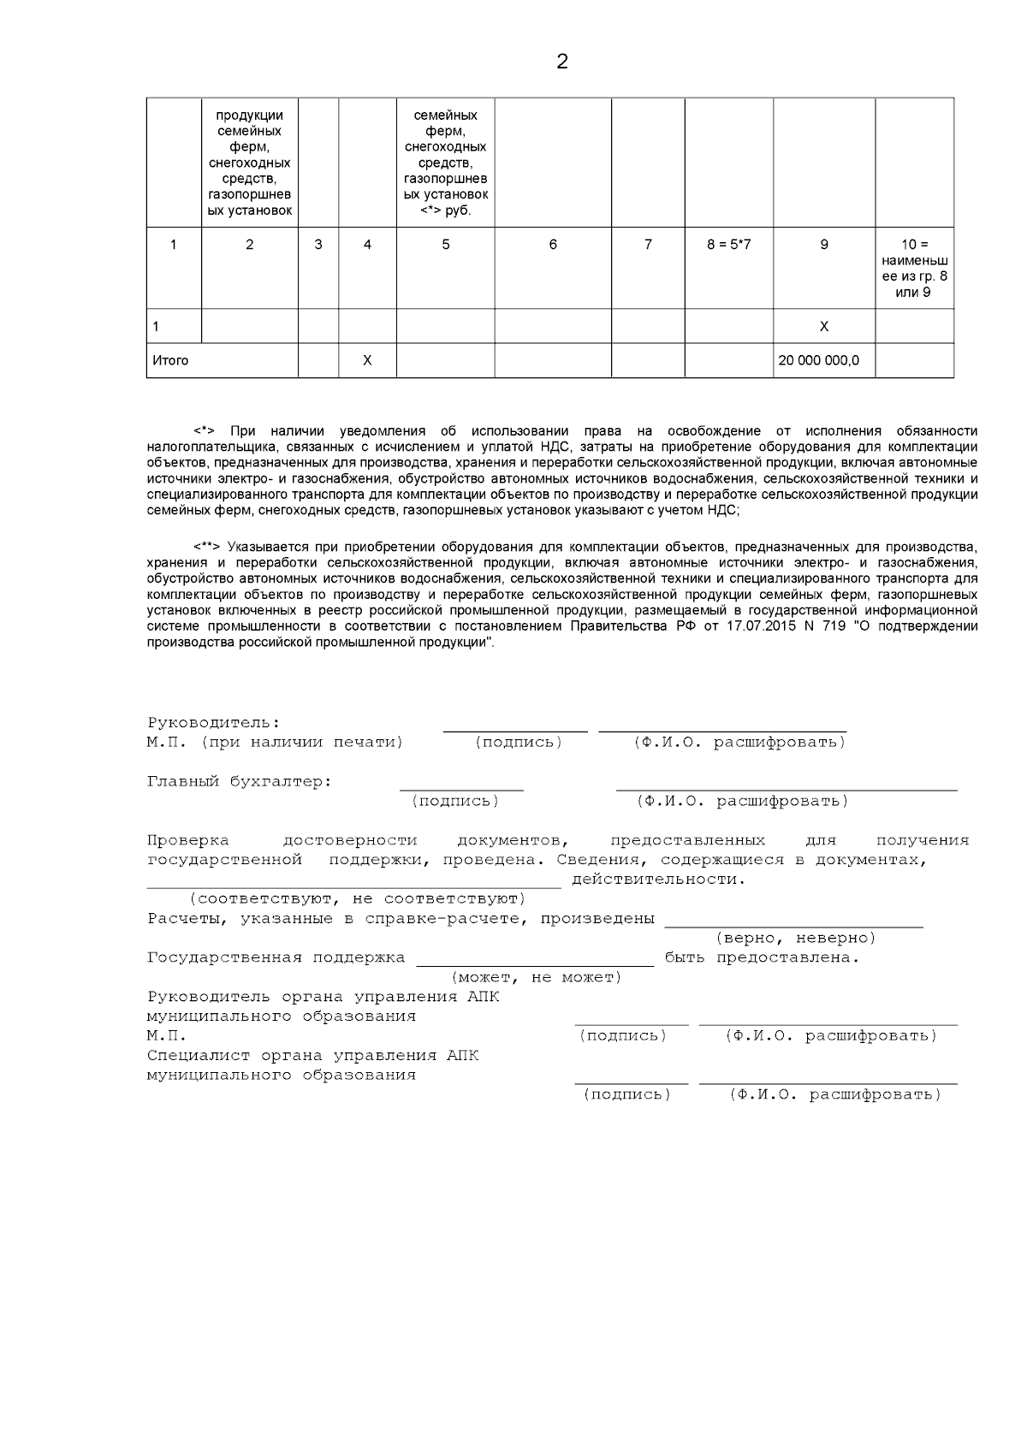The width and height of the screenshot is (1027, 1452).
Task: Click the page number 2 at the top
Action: point(561,62)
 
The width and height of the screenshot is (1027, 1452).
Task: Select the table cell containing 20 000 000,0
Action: point(818,361)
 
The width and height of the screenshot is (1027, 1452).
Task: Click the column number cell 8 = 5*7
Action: point(728,245)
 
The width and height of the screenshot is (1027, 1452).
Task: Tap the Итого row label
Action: point(170,361)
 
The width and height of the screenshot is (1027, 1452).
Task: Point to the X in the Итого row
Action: point(367,361)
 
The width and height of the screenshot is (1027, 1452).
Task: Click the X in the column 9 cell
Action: point(823,327)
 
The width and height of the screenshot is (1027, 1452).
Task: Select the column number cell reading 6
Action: point(553,245)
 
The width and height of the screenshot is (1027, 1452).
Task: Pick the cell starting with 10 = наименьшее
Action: point(914,269)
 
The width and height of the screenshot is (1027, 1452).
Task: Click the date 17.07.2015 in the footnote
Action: point(733,626)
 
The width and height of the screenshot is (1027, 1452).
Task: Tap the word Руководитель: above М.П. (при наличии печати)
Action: point(213,724)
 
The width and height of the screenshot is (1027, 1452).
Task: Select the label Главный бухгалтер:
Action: point(239,782)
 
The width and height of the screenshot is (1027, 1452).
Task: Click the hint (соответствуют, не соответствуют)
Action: point(357,899)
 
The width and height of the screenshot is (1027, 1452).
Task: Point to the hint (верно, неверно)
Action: point(795,939)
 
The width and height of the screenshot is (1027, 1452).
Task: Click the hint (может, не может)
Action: point(536,978)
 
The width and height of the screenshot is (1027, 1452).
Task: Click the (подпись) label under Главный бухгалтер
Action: point(455,802)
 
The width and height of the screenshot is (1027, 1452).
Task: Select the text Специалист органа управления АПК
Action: point(312,1056)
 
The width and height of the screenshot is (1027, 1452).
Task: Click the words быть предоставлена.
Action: point(762,958)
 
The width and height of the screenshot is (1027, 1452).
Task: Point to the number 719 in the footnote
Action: point(819,626)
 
